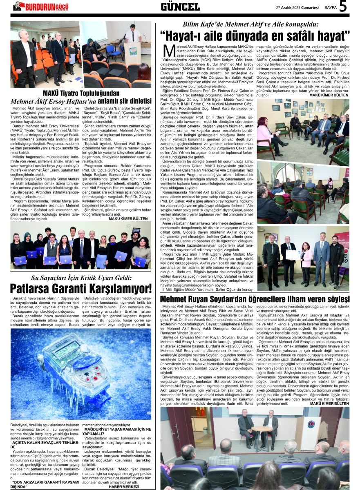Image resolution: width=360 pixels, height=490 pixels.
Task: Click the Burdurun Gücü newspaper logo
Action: pyautogui.click(x=41, y=6)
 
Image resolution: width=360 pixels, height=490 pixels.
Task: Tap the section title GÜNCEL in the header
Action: pyautogui.click(x=180, y=7)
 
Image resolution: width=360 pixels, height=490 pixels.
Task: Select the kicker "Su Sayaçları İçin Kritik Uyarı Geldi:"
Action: pyautogui.click(x=81, y=278)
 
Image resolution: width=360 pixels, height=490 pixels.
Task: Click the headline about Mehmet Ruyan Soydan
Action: pyautogui.click(x=255, y=299)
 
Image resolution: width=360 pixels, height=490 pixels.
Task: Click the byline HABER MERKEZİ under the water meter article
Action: pyautogui.click(x=127, y=486)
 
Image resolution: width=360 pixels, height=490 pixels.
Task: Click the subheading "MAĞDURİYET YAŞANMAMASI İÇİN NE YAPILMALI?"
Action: pyautogui.click(x=116, y=431)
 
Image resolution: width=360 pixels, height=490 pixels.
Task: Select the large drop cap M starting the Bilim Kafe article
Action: pyautogui.click(x=169, y=51)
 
